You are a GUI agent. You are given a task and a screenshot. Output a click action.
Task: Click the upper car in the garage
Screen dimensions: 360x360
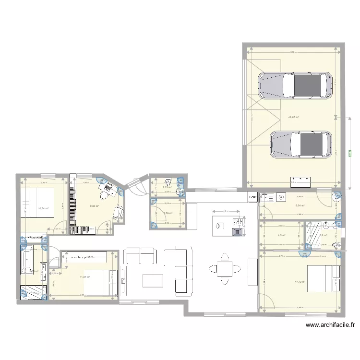(x=295, y=86)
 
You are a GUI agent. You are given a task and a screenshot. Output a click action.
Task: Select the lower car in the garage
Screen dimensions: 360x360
(x=301, y=144)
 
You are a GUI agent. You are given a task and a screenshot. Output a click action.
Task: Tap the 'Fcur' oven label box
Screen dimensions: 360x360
(x=252, y=197)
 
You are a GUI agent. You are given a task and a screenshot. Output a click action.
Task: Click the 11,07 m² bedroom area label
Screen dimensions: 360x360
(x=86, y=277)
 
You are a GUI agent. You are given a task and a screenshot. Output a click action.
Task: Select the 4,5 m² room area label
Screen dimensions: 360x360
(x=282, y=235)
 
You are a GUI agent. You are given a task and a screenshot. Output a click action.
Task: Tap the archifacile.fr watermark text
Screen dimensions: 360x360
(x=331, y=325)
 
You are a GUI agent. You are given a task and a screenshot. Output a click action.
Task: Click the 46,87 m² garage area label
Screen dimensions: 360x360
(x=293, y=117)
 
